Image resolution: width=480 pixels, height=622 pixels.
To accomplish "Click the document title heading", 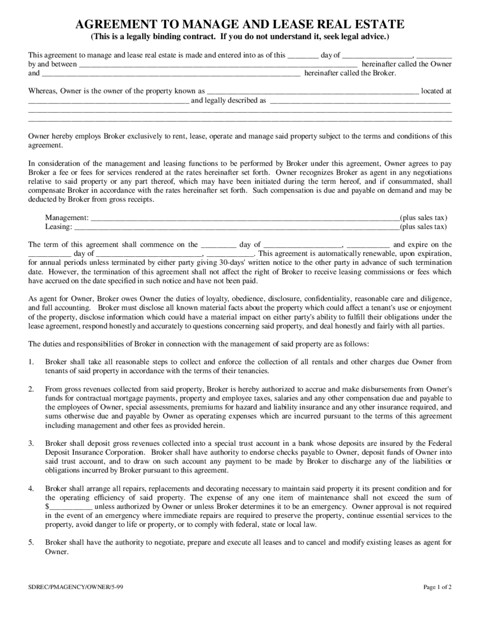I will tap(239, 24).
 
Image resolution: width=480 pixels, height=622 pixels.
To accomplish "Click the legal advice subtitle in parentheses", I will tap(239, 37).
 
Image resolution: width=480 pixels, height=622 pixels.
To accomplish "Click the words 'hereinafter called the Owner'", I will tap(406, 64).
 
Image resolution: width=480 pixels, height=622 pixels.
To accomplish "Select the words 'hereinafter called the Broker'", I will tap(350, 73).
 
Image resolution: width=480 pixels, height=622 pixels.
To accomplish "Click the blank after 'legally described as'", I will tap(360, 100).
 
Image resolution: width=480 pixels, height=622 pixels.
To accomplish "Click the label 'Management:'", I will tap(67, 218).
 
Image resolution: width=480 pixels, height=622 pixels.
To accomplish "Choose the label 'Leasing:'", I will tap(58, 227).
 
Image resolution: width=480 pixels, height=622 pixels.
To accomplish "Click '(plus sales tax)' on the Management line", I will tap(423, 218).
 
